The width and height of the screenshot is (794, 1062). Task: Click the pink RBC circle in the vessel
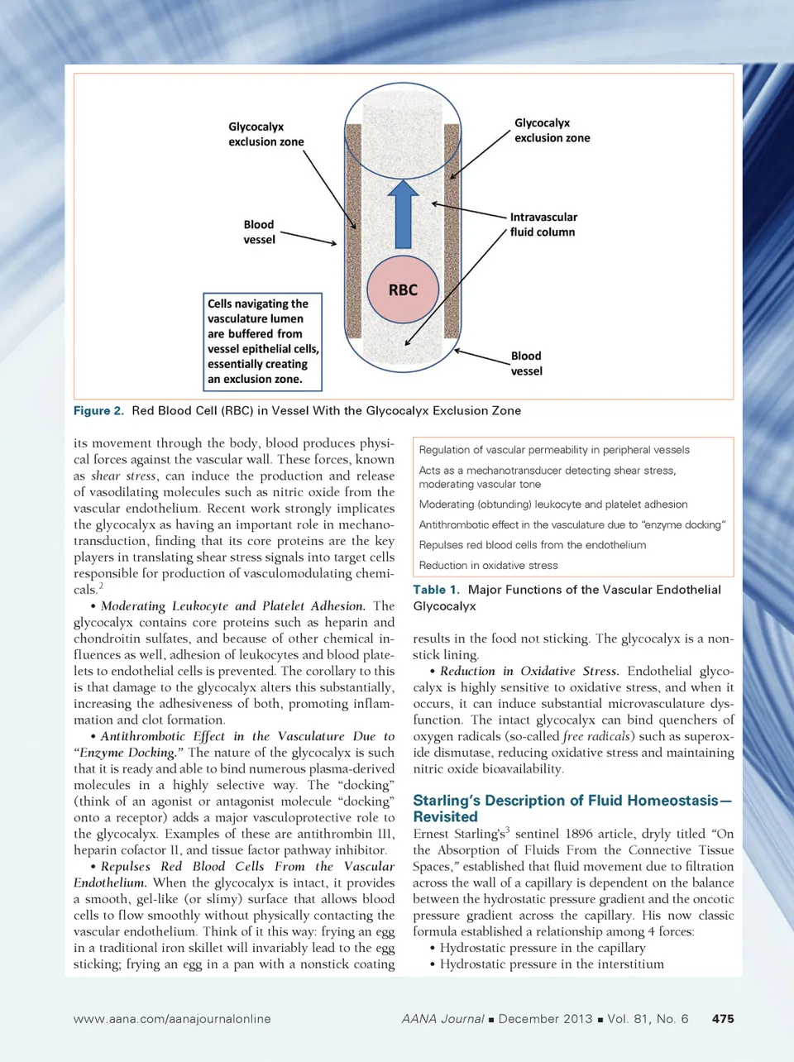[x=403, y=289]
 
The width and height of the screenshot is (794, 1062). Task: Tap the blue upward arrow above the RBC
[x=403, y=214]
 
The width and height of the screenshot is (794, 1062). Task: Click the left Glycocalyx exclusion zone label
[x=265, y=134]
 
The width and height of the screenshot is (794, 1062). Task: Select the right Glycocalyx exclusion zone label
[x=552, y=130]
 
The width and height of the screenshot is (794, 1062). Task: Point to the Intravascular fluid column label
[x=543, y=224]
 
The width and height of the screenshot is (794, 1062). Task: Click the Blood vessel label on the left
[x=259, y=232]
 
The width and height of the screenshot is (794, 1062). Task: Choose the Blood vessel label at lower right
[x=526, y=363]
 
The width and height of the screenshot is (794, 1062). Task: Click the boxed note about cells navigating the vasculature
[x=262, y=341]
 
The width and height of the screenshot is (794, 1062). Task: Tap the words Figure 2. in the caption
[x=98, y=410]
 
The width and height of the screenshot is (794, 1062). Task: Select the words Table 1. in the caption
[x=436, y=590]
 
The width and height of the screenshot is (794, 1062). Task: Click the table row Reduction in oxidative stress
[x=488, y=566]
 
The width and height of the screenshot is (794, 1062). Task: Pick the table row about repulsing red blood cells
[x=532, y=545]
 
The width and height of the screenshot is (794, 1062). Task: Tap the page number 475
[x=722, y=1019]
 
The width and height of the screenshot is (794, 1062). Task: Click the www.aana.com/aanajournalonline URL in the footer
[x=172, y=1019]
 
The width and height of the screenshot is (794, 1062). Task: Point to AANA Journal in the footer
[x=442, y=1019]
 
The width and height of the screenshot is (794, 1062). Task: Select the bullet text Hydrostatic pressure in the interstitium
[x=552, y=964]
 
